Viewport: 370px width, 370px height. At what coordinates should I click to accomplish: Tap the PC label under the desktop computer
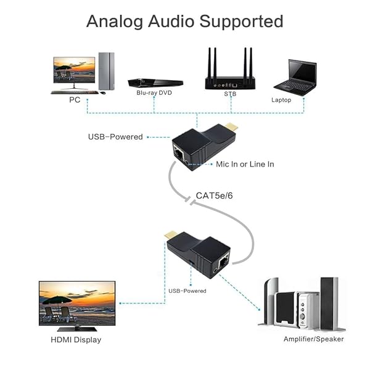coord(74,99)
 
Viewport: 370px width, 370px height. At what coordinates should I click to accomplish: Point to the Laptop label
coord(281,99)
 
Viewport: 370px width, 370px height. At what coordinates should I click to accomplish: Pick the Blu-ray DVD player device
coord(155,81)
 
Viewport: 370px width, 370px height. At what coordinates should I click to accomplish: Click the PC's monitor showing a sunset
coord(74,70)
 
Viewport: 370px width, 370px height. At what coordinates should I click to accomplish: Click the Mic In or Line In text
coord(245,164)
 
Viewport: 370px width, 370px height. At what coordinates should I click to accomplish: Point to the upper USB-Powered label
coord(115,137)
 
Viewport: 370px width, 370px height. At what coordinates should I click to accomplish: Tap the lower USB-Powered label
coord(187,290)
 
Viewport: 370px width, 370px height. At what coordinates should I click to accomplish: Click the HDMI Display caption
coord(75,340)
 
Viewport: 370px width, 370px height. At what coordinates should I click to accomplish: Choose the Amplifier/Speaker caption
coord(313,339)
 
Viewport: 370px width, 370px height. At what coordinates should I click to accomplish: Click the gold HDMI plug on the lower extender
coord(171,236)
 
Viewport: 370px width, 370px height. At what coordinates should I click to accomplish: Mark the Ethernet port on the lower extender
coord(222,261)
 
